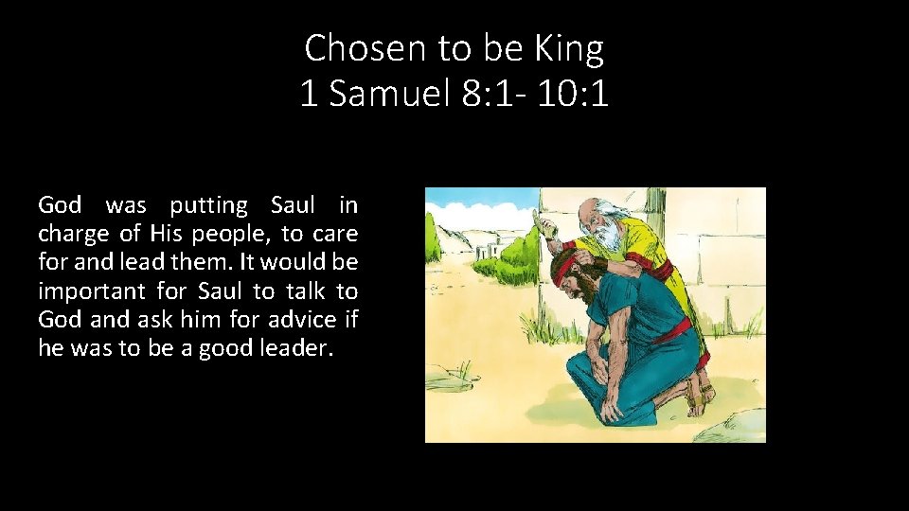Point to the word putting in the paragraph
208,204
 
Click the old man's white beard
605,237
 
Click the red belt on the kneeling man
673,329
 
